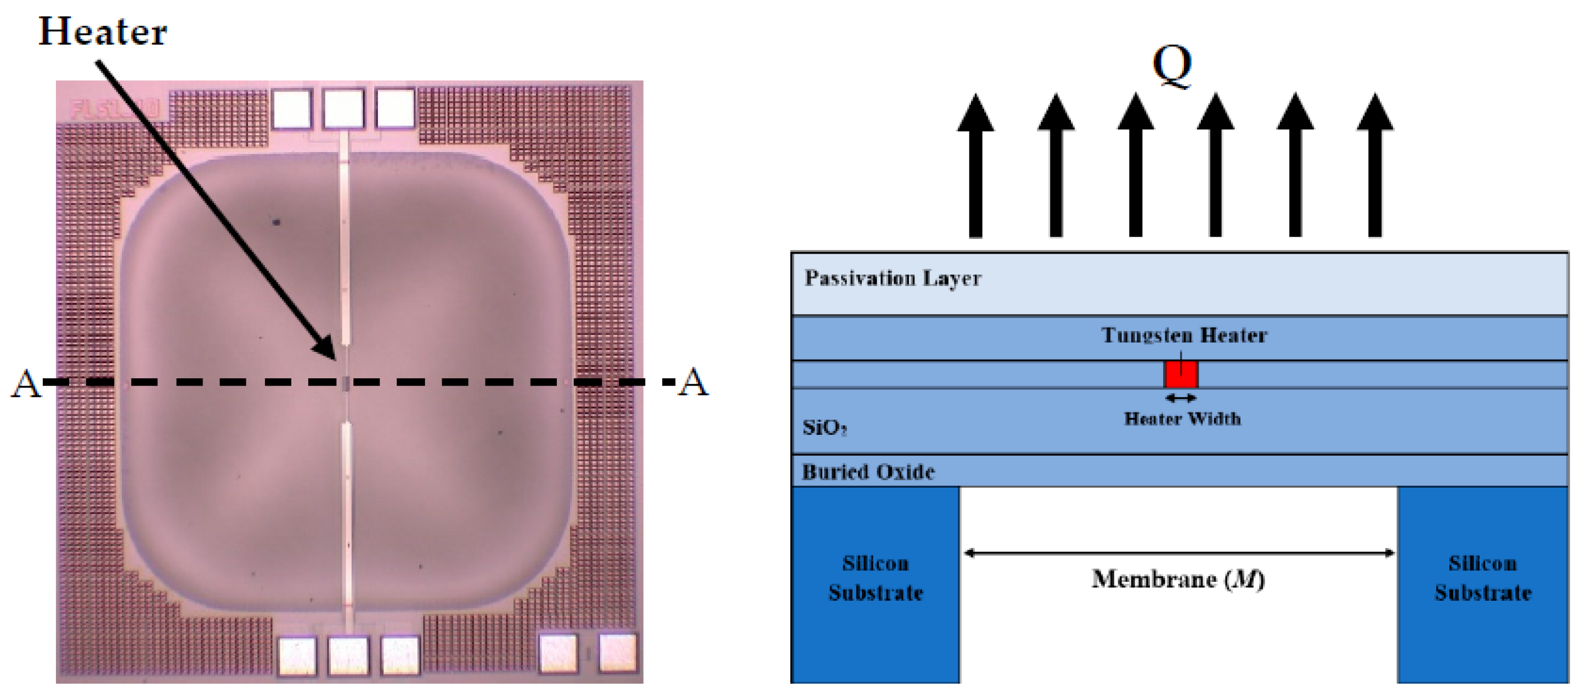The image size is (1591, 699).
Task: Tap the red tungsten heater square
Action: click(1180, 374)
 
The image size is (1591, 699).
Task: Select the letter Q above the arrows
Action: click(1172, 65)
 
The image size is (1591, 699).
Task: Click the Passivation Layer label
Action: click(893, 279)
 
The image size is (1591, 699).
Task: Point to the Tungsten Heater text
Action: click(1184, 335)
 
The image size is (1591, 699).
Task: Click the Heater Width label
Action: click(1182, 419)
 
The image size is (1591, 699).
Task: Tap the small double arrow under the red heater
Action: click(1180, 398)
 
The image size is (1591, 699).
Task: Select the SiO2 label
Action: click(824, 427)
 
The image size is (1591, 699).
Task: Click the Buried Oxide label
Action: click(868, 472)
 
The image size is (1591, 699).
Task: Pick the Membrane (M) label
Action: click(1178, 579)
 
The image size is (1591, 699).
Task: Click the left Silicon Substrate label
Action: click(876, 578)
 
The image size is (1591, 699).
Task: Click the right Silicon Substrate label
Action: click(1482, 578)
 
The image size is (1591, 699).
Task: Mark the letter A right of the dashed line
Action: click(693, 382)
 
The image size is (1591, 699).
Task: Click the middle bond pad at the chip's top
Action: click(344, 109)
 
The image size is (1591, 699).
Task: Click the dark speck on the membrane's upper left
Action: click(276, 221)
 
